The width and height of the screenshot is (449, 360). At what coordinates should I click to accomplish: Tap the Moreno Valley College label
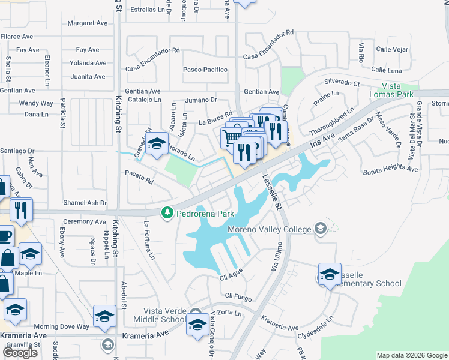269,229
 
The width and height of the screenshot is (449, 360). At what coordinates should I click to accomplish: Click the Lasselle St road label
270,192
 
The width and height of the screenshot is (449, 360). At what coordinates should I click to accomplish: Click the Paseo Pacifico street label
205,70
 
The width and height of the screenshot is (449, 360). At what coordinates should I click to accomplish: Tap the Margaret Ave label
87,23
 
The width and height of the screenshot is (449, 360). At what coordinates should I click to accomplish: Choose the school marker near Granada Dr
157,143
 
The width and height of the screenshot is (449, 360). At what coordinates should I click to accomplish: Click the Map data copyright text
412,355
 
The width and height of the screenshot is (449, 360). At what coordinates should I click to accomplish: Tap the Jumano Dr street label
200,100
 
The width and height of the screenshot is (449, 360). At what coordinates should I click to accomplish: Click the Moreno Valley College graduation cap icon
321,228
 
